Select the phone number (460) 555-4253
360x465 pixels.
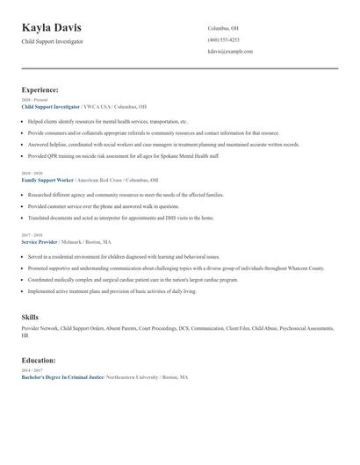(223, 39)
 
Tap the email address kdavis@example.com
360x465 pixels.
(230, 52)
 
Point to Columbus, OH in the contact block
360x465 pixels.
(222, 28)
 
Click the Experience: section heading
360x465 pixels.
(40, 89)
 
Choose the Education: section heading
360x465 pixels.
(40, 360)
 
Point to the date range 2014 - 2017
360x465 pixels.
(31, 370)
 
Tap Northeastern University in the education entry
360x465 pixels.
(131, 376)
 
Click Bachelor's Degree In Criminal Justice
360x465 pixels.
(61, 376)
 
